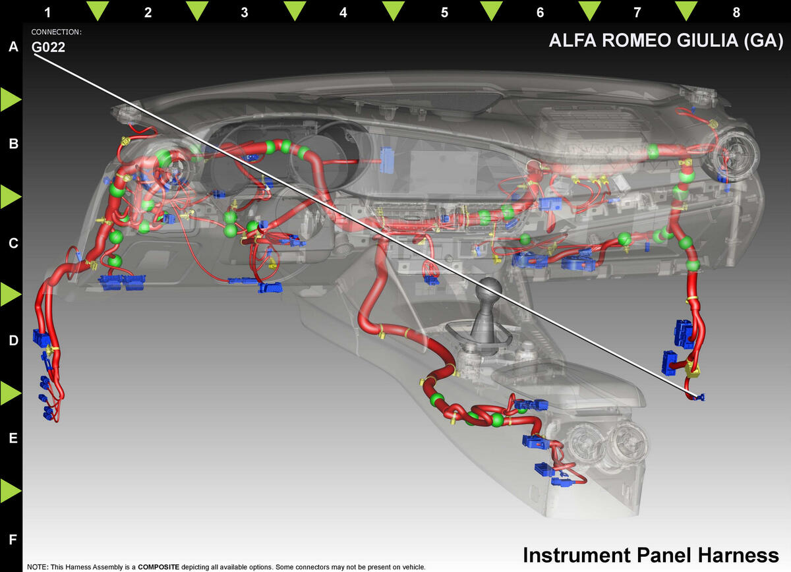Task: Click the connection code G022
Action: [48, 47]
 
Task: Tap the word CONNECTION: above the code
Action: [57, 32]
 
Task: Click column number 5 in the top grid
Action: [444, 13]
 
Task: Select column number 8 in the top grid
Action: [736, 13]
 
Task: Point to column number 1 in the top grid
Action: [47, 13]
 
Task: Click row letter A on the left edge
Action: [13, 46]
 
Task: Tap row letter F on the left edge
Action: [13, 539]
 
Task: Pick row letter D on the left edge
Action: [13, 341]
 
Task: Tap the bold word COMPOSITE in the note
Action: [159, 567]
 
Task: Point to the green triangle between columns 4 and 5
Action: [394, 11]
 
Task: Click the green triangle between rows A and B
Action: [11, 100]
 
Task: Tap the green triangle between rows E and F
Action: [11, 491]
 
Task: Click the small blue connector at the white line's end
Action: [700, 397]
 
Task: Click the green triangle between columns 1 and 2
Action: [98, 11]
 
